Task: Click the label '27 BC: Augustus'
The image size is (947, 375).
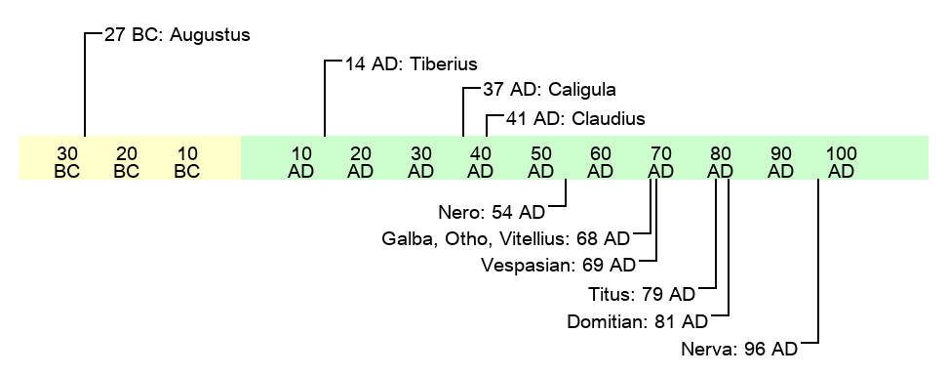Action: coord(177,35)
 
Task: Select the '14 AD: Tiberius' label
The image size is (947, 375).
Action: coord(411,65)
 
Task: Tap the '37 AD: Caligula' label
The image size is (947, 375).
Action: coord(549,90)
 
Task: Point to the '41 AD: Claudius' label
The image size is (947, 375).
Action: coord(575,119)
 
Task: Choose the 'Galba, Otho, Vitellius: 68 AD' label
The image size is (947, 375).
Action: coord(505,237)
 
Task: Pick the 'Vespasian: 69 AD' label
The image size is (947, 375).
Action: coord(558,264)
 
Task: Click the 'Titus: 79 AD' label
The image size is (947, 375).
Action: coord(641,292)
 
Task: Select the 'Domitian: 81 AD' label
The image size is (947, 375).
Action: coord(637,319)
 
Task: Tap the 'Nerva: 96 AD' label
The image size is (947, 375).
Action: coord(738,347)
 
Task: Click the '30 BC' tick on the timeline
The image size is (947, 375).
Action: coord(66,161)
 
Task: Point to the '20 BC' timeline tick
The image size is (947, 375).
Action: coord(126,161)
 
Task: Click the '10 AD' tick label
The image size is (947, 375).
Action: coord(301,161)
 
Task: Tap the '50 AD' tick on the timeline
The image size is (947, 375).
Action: coord(540,161)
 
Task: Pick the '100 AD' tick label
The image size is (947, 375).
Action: coord(841,161)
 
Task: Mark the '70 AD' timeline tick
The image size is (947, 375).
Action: coord(660,161)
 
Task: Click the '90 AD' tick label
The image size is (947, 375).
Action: coord(780,161)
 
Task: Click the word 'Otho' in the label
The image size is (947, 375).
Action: coord(470,237)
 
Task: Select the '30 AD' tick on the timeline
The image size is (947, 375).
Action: coord(420,161)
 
